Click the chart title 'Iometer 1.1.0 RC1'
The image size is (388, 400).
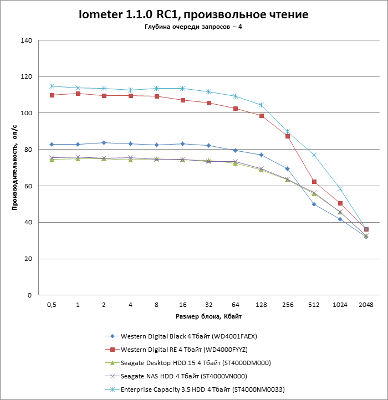click(194, 14)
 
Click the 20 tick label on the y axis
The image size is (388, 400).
click(28, 259)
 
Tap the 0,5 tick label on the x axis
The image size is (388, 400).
click(52, 305)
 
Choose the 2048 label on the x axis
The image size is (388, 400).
click(366, 305)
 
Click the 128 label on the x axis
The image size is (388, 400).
click(261, 305)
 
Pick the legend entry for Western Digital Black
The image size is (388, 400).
click(188, 336)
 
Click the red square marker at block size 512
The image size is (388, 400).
click(314, 182)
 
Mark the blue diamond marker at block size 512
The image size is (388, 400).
click(314, 204)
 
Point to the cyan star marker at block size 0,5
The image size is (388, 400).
click(52, 86)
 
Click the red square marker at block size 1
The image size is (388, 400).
click(78, 94)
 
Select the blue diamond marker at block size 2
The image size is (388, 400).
click(104, 143)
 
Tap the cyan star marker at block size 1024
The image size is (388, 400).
click(340, 189)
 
